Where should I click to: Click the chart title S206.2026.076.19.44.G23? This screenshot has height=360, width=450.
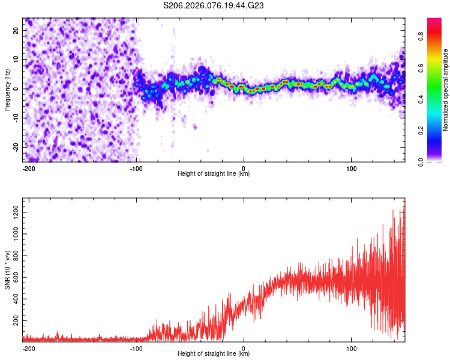coord(214,6)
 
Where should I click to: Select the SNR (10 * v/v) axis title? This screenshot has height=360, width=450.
coord(8,269)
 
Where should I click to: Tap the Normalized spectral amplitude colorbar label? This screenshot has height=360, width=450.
coord(446,90)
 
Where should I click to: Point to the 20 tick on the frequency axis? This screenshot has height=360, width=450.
coord(16,30)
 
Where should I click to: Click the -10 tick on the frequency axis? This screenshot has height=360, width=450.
coord(15,118)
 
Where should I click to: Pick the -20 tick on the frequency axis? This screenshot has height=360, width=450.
coord(15,147)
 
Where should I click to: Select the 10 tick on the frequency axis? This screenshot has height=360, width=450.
coord(16,59)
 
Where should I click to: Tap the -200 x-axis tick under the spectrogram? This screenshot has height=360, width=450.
coord(28,168)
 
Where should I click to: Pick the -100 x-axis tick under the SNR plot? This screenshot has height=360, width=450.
coord(136,348)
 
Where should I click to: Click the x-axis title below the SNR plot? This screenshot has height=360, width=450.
coord(214,355)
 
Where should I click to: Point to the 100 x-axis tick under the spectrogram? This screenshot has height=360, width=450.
coord(351,168)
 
